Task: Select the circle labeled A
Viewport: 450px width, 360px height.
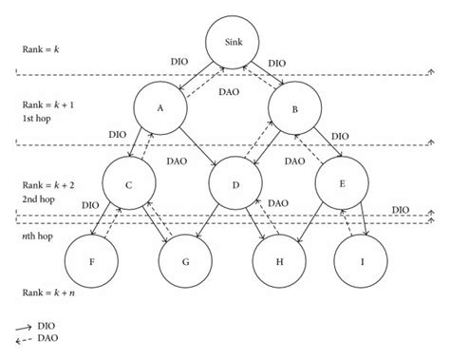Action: (159, 109)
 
